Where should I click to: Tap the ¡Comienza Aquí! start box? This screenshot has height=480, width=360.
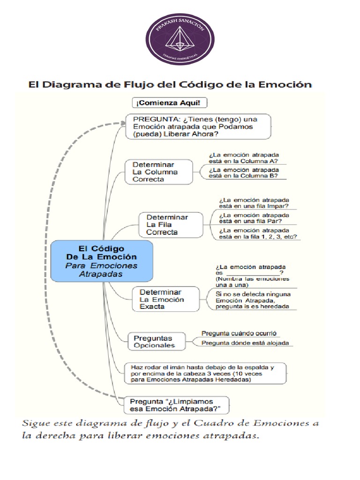pos(170,103)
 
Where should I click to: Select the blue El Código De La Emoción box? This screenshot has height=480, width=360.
pos(102,261)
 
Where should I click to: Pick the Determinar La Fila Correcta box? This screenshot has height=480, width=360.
pos(171,225)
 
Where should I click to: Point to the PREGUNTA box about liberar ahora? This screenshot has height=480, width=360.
pos(198,127)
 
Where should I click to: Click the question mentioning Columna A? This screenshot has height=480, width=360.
pos(243,157)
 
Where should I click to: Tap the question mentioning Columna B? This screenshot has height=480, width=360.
pos(243,173)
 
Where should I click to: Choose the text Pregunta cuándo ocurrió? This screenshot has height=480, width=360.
pos(239,333)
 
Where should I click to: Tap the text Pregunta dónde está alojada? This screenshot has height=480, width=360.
pos(245,343)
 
